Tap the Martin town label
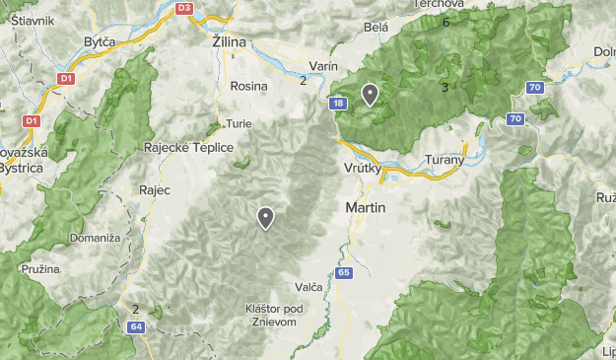point(366,209)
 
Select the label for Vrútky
point(364,169)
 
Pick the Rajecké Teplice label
point(189,147)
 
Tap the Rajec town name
point(156,189)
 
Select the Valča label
point(308,287)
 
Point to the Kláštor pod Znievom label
point(274,316)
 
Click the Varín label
point(322,66)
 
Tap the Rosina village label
point(248,86)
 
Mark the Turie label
point(239,124)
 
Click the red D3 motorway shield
point(183,8)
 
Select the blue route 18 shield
point(338,103)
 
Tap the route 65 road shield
point(343,272)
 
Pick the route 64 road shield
point(136,326)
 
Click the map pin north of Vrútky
point(370,94)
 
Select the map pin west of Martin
point(265,217)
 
